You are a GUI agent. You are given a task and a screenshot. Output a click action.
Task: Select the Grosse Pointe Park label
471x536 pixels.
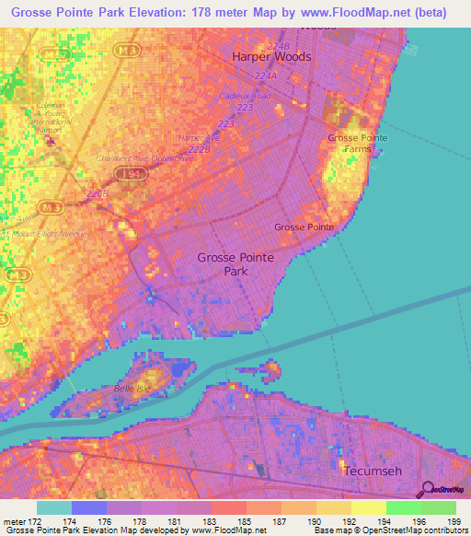[235, 264]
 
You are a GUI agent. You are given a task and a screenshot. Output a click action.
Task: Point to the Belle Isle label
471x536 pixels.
[132, 389]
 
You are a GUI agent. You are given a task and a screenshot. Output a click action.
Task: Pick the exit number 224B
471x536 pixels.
[277, 44]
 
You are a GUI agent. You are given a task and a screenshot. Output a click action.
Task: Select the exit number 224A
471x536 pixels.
[267, 76]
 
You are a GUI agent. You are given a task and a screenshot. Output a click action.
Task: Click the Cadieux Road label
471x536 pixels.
[247, 96]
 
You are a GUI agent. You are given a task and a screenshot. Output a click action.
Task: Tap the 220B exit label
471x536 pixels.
[98, 194]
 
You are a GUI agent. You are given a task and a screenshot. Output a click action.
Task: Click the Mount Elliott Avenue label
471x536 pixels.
[46, 235]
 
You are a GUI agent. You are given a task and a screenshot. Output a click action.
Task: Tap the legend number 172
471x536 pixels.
[38, 521]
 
